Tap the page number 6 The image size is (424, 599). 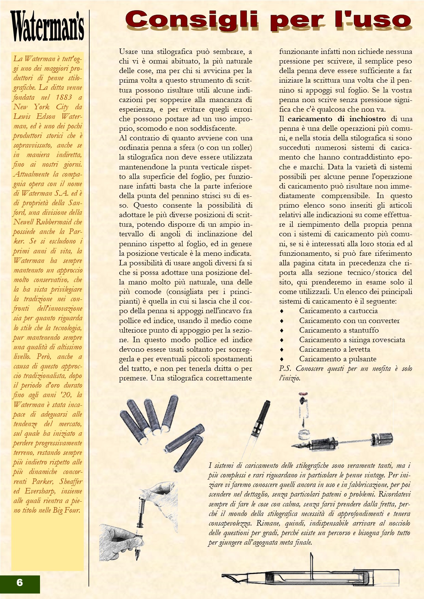pos(19,582)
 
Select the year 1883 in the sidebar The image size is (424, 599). pos(64,97)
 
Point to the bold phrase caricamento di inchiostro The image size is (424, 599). pos(336,119)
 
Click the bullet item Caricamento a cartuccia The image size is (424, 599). pos(338,311)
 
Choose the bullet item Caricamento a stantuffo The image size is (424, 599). pos(339,330)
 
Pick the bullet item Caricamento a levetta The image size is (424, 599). pos(334,349)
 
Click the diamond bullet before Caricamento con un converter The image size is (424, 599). pos(282,321)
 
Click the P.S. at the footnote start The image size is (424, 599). pos(285,368)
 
